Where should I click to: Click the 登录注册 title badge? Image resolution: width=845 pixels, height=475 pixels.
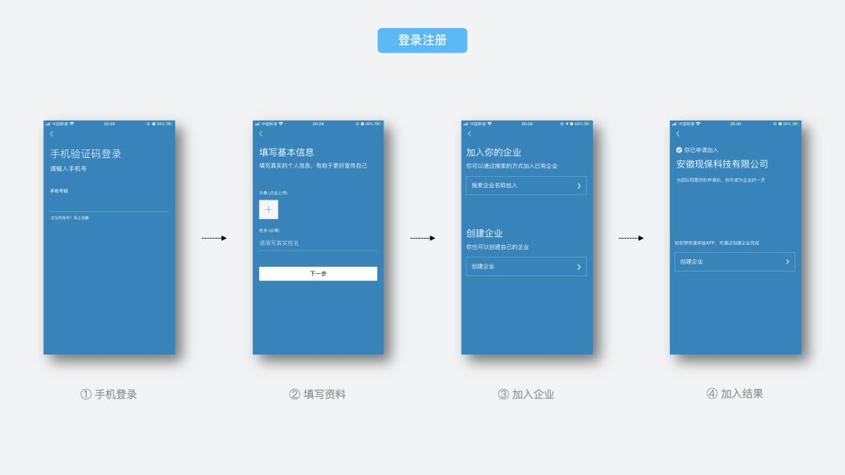[x=422, y=41]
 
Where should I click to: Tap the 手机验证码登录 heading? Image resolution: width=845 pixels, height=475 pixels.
[x=86, y=153]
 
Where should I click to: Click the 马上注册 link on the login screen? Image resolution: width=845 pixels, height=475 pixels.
[x=81, y=218]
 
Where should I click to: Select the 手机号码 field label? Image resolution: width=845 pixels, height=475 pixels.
[x=59, y=191]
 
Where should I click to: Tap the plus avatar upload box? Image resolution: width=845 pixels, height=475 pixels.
[x=268, y=210]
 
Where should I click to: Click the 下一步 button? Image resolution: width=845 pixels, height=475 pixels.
[x=318, y=274]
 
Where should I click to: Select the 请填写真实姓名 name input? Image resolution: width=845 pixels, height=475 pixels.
[x=318, y=243]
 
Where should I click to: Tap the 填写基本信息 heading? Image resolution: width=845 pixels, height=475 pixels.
[x=286, y=152]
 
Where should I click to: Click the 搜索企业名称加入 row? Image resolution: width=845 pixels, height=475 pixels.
[x=526, y=185]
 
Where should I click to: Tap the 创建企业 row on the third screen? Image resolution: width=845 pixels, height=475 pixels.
[x=526, y=267]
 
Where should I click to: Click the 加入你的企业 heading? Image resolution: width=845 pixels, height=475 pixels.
[x=494, y=152]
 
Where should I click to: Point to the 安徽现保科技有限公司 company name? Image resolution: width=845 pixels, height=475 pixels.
[x=722, y=164]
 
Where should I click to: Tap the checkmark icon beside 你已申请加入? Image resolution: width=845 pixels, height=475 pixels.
[x=679, y=149]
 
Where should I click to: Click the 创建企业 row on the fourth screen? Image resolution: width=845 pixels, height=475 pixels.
[x=735, y=261]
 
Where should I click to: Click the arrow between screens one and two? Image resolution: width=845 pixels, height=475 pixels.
[x=214, y=238]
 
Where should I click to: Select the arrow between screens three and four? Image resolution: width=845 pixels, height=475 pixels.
[x=631, y=238]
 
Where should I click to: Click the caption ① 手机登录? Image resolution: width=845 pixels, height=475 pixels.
[x=109, y=394]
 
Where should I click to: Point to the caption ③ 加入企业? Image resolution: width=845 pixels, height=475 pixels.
[x=526, y=394]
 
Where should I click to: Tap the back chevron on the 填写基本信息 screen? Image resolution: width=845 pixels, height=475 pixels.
[x=261, y=135]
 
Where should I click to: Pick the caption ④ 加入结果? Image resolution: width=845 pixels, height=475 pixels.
[x=735, y=394]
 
